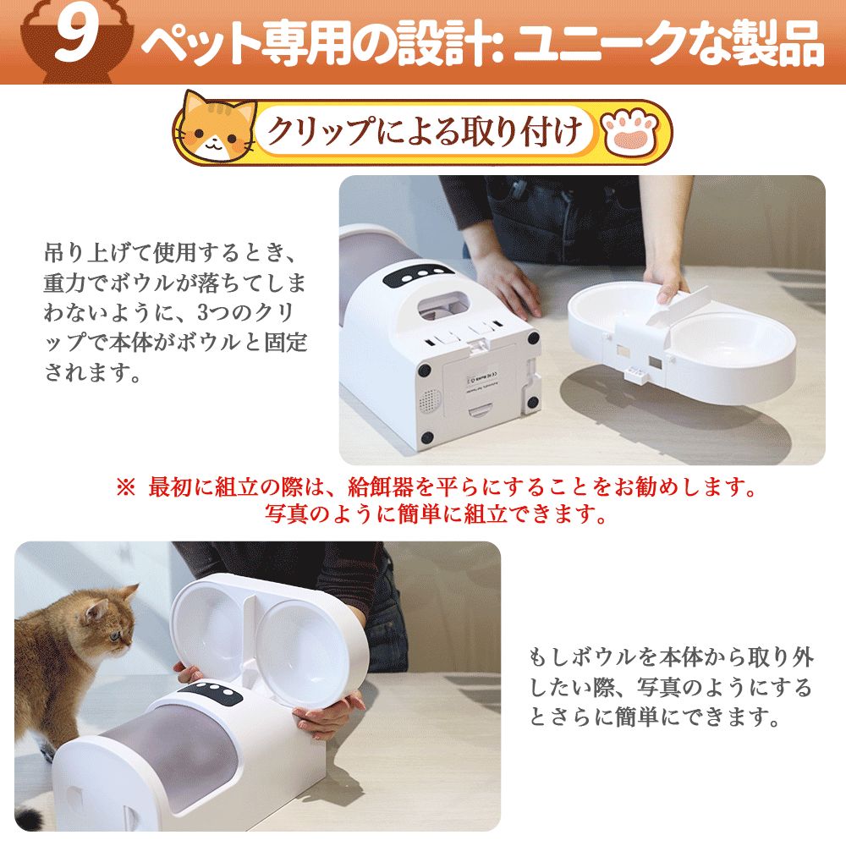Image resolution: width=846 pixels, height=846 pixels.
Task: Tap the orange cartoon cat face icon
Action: click(216, 128)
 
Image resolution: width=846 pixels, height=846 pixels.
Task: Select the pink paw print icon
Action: click(630, 131)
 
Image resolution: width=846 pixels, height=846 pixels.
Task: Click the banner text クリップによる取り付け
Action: click(426, 131)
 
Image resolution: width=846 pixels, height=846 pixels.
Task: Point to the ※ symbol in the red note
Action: click(126, 488)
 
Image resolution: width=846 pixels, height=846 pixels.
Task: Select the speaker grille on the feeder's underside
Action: click(430, 400)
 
